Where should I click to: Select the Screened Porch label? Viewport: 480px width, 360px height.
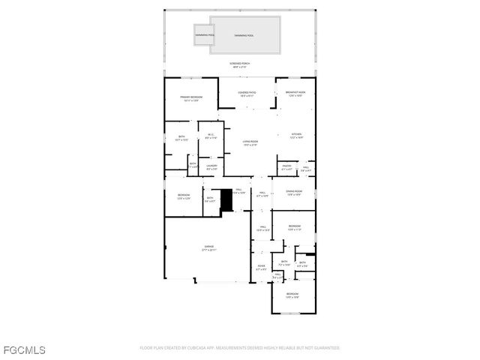240,65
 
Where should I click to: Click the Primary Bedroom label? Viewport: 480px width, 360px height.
190,98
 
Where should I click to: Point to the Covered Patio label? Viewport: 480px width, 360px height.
247,94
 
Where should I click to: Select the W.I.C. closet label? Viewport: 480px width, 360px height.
211,136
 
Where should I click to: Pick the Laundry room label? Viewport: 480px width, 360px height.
211,167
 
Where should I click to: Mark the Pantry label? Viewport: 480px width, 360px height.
286,167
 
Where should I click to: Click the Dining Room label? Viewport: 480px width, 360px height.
293,193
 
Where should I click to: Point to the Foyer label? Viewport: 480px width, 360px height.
261,267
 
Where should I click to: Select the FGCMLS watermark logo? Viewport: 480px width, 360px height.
23,349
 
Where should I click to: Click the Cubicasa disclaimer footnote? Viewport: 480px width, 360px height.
240,348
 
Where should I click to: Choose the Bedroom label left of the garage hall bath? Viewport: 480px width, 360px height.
184,196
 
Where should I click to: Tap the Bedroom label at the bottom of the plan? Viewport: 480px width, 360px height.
292,295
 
